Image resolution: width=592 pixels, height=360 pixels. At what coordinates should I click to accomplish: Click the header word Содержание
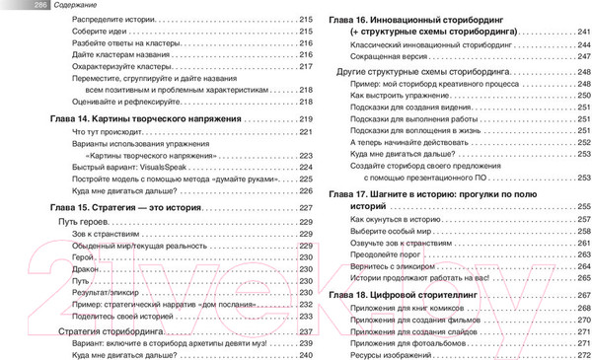(47, 5)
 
